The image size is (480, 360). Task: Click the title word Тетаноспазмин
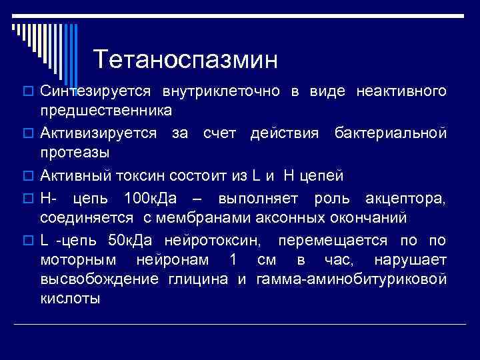[185, 60]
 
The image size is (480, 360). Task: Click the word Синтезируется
[96, 91]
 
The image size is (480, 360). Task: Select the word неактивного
[401, 91]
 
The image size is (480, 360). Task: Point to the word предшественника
[105, 109]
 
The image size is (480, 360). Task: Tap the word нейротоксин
[227, 240]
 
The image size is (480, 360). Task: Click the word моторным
[78, 259]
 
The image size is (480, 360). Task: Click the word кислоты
[70, 297]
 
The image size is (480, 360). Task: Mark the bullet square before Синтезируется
[29, 91]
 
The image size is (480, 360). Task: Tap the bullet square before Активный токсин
[29, 176]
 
